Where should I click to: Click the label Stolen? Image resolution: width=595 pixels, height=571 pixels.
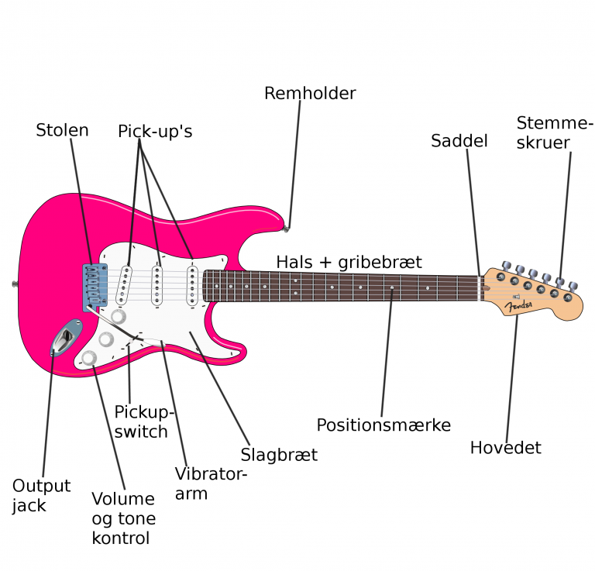(62, 130)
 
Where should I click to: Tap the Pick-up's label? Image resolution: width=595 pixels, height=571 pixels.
(155, 132)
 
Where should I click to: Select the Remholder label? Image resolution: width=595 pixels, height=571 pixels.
(310, 94)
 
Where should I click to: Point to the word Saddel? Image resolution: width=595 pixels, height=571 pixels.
(459, 141)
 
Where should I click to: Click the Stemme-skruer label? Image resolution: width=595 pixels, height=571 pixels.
(554, 132)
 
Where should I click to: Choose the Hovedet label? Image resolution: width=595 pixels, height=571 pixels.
(505, 448)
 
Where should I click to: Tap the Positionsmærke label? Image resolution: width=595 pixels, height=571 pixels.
(383, 425)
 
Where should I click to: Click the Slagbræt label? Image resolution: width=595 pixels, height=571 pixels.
(279, 455)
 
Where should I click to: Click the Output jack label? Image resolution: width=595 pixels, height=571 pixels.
(41, 496)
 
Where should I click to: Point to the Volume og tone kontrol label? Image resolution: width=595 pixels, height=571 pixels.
(124, 518)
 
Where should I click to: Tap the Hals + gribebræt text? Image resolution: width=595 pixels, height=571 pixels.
(349, 262)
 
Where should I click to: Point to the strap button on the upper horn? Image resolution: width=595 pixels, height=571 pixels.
(287, 229)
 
